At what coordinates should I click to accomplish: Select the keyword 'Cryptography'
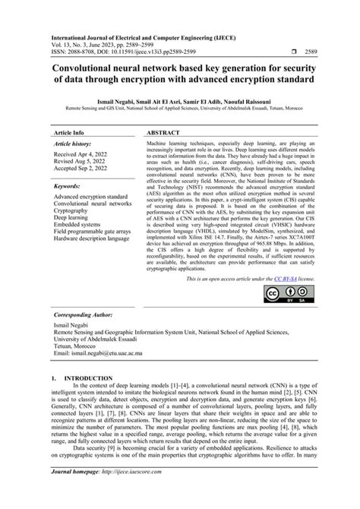[x=74, y=210]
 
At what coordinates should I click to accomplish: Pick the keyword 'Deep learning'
[x=74, y=218]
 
